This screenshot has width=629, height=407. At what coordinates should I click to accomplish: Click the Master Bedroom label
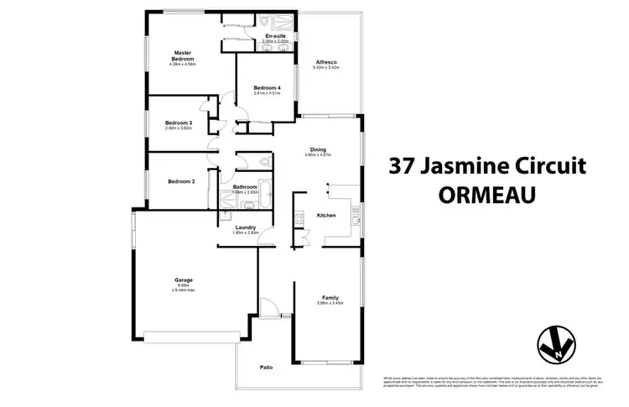(183, 56)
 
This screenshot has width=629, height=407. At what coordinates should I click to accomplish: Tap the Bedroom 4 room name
(268, 89)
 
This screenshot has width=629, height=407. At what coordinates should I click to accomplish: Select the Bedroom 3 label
(179, 123)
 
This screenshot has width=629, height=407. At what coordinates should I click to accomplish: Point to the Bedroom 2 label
(180, 181)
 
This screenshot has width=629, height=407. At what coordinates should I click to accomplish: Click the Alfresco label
(326, 62)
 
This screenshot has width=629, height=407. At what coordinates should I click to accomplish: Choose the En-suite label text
(274, 36)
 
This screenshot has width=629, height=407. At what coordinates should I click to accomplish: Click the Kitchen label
(326, 216)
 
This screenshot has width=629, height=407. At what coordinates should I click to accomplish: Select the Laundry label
(245, 227)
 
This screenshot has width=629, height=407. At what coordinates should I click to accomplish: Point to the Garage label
(184, 279)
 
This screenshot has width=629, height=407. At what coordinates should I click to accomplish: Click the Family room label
(330, 297)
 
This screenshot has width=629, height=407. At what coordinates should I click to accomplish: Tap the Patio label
(267, 367)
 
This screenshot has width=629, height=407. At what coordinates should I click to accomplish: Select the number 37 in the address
(407, 165)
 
